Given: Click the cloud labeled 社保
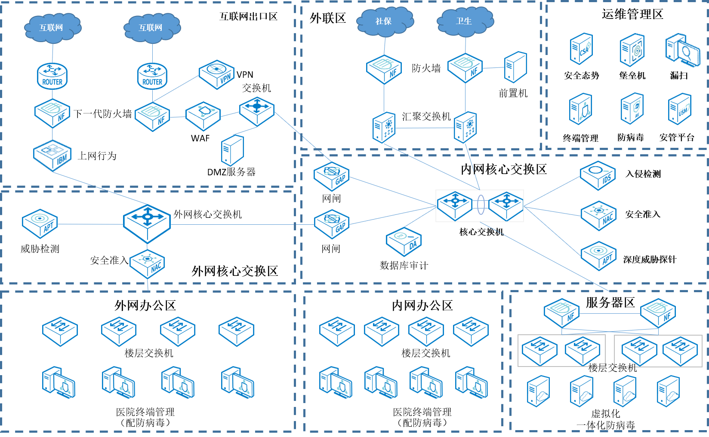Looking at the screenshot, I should pos(384,21).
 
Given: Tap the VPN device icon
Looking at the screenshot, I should pos(217,74).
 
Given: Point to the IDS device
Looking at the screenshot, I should pos(598,176).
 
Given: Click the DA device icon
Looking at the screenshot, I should pos(404,241).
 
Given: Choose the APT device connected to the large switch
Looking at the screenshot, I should pos(40,223).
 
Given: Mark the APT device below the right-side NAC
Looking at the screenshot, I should pos(598,256).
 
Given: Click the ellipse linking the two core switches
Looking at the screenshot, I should pos(481,205).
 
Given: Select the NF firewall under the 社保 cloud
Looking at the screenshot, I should pos(384,69).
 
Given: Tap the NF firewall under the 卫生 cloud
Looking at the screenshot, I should pos(465,68).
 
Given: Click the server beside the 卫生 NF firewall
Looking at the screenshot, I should pos(515,67).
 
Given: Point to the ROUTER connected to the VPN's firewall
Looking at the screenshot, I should pos(152,76).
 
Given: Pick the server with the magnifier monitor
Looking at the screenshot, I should pos(682,50).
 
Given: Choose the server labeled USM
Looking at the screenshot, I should pos(679,109).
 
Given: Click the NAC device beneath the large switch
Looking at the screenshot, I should pos(147,263).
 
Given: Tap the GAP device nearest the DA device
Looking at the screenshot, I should pos(331,223).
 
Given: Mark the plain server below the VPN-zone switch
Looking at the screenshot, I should pos(232,150).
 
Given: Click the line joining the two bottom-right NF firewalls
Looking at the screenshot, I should pos(610,314).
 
